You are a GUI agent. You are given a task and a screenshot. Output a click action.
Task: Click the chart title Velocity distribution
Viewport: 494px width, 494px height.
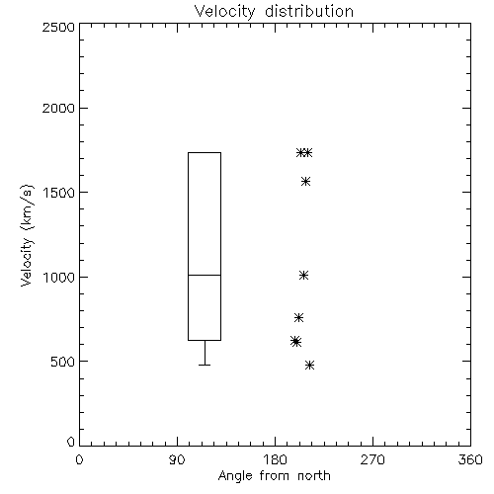tap(274, 11)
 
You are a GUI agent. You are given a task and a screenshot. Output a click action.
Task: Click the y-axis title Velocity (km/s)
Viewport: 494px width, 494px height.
tap(27, 235)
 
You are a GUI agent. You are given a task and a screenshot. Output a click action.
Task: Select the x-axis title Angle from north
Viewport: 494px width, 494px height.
tap(274, 476)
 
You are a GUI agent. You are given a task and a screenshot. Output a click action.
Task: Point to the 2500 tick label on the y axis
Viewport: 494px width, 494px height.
tap(58, 27)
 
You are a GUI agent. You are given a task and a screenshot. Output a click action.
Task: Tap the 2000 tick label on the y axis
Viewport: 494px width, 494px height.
tap(58, 108)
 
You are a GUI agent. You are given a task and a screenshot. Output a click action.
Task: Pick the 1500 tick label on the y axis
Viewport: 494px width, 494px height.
tap(59, 193)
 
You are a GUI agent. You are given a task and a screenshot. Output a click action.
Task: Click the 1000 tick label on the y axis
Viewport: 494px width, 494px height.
tap(59, 277)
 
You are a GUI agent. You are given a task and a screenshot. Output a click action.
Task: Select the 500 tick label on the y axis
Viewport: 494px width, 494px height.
tap(63, 362)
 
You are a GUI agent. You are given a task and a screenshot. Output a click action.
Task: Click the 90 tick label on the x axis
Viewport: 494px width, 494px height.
tap(177, 459)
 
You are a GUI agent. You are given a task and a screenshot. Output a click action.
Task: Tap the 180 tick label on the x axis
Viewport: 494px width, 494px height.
tap(275, 459)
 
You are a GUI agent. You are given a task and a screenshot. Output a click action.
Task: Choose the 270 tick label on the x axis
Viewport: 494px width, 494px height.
tap(372, 459)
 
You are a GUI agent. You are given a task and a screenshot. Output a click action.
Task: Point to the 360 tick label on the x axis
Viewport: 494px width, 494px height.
tap(470, 459)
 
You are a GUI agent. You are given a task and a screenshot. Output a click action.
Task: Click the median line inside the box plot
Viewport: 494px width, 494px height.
tap(205, 275)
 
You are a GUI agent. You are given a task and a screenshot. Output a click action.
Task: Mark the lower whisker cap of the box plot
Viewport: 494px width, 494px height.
tap(205, 365)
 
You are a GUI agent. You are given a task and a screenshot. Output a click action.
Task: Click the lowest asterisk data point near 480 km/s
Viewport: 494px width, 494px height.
tap(309, 365)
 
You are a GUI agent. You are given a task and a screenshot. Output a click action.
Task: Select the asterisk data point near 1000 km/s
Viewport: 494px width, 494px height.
tap(303, 276)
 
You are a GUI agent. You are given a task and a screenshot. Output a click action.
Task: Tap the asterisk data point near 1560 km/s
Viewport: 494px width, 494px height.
tap(306, 182)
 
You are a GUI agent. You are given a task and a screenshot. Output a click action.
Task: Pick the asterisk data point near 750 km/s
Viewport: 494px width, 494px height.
tap(298, 318)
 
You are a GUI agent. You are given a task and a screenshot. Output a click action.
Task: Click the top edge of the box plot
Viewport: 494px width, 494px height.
tap(205, 152)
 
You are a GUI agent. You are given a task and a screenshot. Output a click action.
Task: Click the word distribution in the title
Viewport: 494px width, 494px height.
tap(309, 11)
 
